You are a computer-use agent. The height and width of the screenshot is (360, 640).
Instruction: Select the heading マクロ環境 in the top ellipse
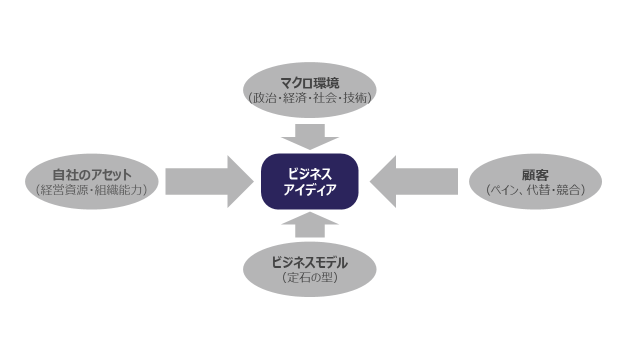pyautogui.click(x=310, y=83)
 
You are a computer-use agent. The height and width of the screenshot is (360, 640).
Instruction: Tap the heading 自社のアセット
pyautogui.click(x=92, y=175)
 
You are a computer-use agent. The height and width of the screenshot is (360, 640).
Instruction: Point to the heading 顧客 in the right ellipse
pyautogui.click(x=535, y=175)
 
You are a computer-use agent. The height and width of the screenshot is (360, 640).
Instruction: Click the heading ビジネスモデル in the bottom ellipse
pyautogui.click(x=309, y=262)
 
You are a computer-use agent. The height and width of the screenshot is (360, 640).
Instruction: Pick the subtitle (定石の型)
pyautogui.click(x=309, y=277)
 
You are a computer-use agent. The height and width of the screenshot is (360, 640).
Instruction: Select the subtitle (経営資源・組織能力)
pyautogui.click(x=92, y=190)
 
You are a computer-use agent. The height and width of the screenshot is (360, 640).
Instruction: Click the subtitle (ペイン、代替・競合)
pyautogui.click(x=535, y=190)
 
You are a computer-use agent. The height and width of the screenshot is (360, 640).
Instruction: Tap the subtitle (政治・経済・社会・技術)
pyautogui.click(x=310, y=98)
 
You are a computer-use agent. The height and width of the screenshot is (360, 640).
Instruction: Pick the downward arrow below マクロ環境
pyautogui.click(x=310, y=136)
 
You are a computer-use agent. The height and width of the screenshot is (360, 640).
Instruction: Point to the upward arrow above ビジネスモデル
pyautogui.click(x=310, y=224)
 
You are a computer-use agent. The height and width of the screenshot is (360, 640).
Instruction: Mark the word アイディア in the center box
pyautogui.click(x=310, y=189)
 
